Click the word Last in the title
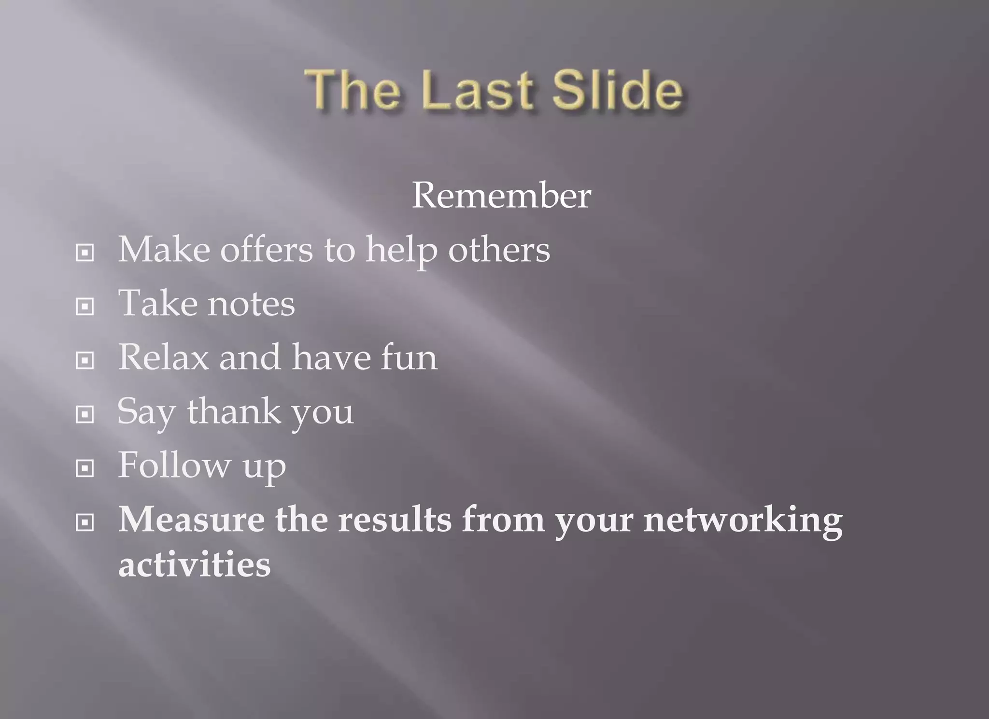click(x=478, y=90)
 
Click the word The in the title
click(x=353, y=90)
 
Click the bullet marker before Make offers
click(x=85, y=253)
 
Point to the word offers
click(x=267, y=250)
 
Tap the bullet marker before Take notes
click(x=85, y=307)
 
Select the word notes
click(x=251, y=304)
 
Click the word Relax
click(x=164, y=358)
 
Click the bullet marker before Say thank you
click(x=85, y=414)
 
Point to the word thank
click(x=234, y=412)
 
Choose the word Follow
click(x=174, y=465)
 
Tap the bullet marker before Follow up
click(x=85, y=468)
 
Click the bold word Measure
click(x=191, y=520)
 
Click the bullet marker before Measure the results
click(x=85, y=522)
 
